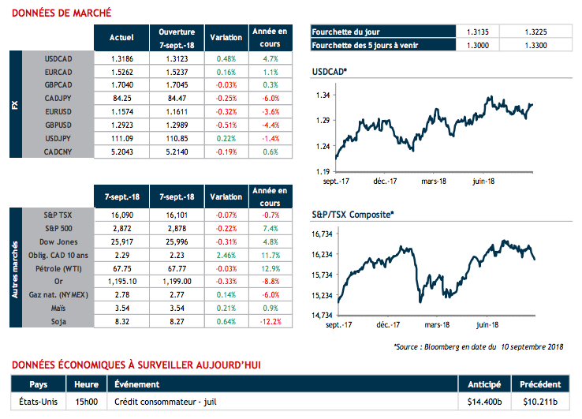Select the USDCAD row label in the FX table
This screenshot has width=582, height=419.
(x=59, y=58)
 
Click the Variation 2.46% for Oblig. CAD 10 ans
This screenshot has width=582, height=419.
(x=226, y=255)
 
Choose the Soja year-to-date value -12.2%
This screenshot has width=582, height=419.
(x=270, y=322)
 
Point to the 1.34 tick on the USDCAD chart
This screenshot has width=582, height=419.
(x=324, y=95)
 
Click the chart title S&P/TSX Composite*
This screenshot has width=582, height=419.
(x=353, y=214)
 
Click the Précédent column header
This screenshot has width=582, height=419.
(x=539, y=384)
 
